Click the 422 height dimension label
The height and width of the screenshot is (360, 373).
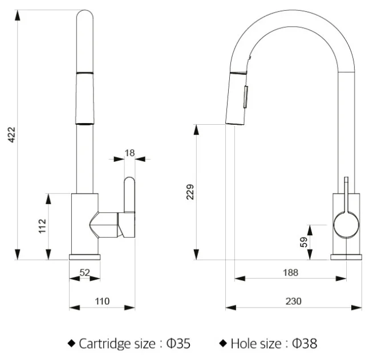click(11, 135)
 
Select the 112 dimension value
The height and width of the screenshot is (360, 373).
click(42, 226)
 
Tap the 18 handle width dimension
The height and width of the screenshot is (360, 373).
click(129, 153)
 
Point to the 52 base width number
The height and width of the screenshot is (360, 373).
click(84, 272)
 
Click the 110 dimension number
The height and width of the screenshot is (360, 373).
click(102, 301)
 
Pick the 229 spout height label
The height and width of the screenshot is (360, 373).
click(190, 192)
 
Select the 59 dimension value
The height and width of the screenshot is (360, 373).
click(303, 242)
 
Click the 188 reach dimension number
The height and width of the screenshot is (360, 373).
click(290, 272)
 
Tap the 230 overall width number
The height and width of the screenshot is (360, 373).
click(294, 301)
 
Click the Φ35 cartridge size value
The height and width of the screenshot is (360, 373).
click(179, 343)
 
